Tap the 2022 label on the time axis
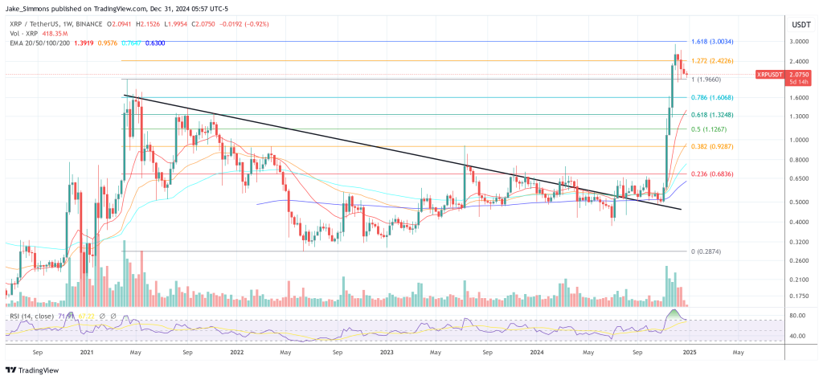pyautogui.click(x=236, y=352)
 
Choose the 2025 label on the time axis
pyautogui.click(x=689, y=352)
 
